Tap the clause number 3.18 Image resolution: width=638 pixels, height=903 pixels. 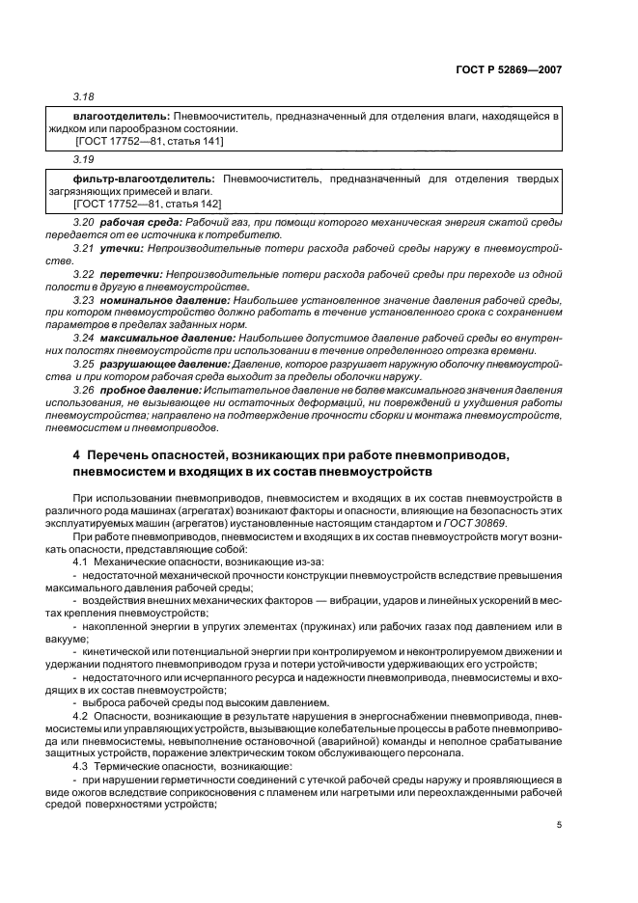[x=84, y=98]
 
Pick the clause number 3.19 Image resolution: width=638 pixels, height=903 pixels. [x=84, y=161]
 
